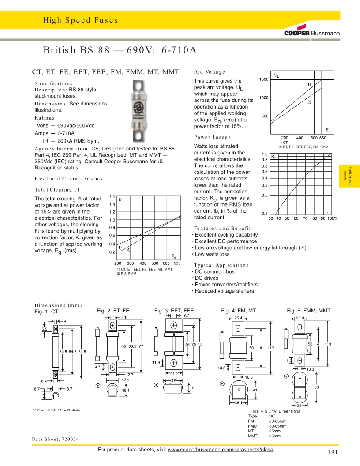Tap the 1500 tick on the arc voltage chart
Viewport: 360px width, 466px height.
pyautogui.click(x=264, y=79)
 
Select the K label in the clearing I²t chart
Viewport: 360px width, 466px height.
pyautogui.click(x=120, y=200)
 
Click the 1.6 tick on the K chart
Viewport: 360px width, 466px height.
pyautogui.click(x=112, y=196)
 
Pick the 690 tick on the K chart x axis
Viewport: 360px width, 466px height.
pyautogui.click(x=177, y=263)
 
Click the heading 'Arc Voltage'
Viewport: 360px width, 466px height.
pyautogui.click(x=210, y=72)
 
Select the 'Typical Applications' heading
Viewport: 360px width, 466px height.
pyautogui.click(x=221, y=265)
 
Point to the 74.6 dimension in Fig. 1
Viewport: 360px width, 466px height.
pyautogui.click(x=82, y=352)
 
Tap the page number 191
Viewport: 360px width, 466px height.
pyautogui.click(x=333, y=452)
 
